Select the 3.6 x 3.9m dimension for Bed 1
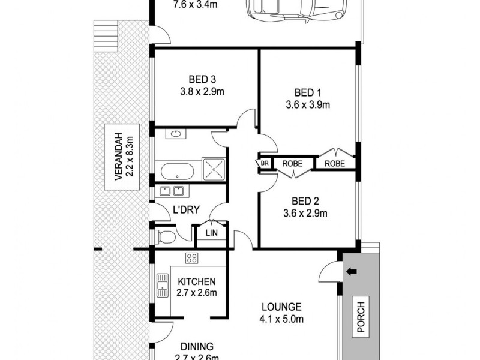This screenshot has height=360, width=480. coord(308,104)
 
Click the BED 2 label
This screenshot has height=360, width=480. coord(308,201)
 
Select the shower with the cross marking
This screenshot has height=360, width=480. coord(214,169)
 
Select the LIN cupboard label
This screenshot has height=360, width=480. coord(211,233)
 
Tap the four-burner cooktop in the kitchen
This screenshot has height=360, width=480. coord(192,259)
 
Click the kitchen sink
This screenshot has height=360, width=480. coord(163,286)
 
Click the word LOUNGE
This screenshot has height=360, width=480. coord(277,306)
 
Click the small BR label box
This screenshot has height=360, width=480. coord(264,163)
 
